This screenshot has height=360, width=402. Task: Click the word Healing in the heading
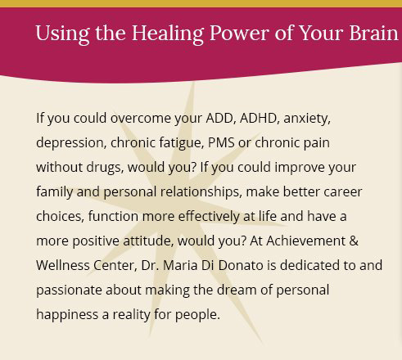pyautogui.click(x=168, y=34)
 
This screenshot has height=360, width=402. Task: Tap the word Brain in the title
pyautogui.click(x=374, y=33)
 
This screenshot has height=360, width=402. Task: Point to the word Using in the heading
pyautogui.click(x=62, y=34)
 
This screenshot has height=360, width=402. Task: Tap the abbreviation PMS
pyautogui.click(x=221, y=142)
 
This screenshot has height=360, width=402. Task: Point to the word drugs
pyautogui.click(x=105, y=168)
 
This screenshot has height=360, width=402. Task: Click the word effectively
pyautogui.click(x=209, y=217)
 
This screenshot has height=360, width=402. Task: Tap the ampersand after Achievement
pyautogui.click(x=354, y=241)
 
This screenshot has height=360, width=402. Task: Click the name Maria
pyautogui.click(x=180, y=265)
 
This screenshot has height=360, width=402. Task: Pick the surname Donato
pyautogui.click(x=241, y=265)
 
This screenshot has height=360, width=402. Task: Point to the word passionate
pyautogui.click(x=69, y=290)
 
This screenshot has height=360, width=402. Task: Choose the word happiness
pyautogui.click(x=67, y=315)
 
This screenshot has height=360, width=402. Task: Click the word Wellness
pyautogui.click(x=63, y=265)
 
